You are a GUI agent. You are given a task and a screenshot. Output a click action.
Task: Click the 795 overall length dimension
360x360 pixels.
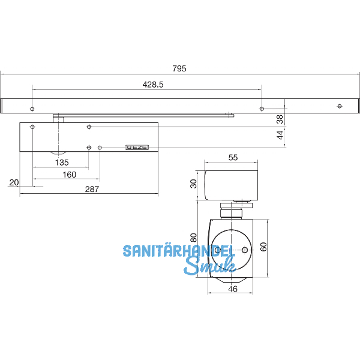click(x=179, y=68)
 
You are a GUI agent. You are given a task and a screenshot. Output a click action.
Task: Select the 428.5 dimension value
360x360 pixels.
click(x=153, y=85)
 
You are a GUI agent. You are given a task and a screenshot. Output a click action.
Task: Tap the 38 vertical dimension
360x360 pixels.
click(x=279, y=119)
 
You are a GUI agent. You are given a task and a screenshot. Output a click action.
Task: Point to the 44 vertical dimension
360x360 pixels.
click(x=279, y=137)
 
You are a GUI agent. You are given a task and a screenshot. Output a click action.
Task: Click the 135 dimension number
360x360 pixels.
click(x=61, y=163)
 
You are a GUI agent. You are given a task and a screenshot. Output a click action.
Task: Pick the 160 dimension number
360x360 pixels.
click(x=69, y=175)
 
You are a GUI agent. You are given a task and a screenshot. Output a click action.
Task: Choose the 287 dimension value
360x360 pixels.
click(x=91, y=189)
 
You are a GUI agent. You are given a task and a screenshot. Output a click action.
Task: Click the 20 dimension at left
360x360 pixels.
click(x=14, y=182)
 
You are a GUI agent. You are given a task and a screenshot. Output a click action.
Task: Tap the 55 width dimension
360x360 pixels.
click(x=233, y=157)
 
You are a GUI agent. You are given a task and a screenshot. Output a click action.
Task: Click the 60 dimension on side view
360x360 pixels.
click(x=263, y=247)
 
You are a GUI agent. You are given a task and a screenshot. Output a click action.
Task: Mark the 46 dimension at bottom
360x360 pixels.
click(x=232, y=289)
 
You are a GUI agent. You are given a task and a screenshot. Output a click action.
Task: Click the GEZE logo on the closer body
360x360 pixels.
click(x=137, y=147)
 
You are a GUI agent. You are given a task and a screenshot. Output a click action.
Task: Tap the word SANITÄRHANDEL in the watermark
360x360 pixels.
click(x=178, y=251)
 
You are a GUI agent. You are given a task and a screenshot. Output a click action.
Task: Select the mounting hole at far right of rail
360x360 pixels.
click(x=340, y=106)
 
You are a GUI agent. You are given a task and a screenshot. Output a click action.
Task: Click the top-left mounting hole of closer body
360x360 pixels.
click(x=32, y=127)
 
